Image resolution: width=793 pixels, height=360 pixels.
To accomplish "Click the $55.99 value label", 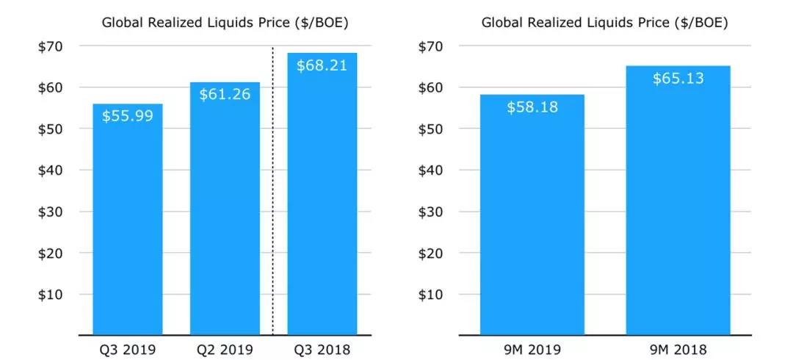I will [x=128, y=116].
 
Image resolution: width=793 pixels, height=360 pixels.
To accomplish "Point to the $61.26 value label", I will [x=225, y=94].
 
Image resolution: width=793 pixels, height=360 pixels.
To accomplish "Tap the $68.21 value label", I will [x=322, y=65].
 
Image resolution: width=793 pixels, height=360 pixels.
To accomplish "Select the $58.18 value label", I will [x=532, y=107].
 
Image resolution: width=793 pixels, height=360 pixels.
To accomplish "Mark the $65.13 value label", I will [x=678, y=78].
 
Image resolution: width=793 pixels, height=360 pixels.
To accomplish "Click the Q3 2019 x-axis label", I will [x=128, y=349].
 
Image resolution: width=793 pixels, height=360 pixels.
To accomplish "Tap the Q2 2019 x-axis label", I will [x=225, y=349].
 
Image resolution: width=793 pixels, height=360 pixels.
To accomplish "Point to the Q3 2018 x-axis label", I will [x=322, y=349].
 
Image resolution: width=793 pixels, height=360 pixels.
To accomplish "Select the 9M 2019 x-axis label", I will [x=532, y=349].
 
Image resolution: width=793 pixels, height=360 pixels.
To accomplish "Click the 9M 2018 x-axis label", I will [x=678, y=349].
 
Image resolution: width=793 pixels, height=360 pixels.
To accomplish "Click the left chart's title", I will [x=225, y=23].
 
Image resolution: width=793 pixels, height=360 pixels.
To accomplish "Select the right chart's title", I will [x=605, y=23].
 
